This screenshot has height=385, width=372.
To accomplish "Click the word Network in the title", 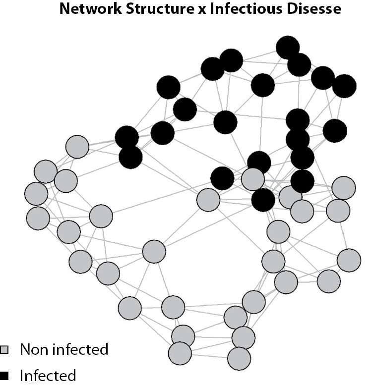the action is pyautogui.click(x=90, y=9).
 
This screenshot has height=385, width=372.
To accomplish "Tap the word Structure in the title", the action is pyautogui.click(x=160, y=9).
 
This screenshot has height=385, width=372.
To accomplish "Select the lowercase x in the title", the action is pyautogui.click(x=202, y=10).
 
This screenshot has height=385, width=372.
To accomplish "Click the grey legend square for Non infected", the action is pyautogui.click(x=3, y=350).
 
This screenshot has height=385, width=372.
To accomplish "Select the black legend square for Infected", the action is pyautogui.click(x=3, y=376).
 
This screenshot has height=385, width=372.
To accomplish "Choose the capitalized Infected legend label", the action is pyautogui.click(x=48, y=375).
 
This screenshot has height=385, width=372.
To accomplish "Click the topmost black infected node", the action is pyautogui.click(x=288, y=48).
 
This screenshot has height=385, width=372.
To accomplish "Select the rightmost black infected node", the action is pyautogui.click(x=344, y=86).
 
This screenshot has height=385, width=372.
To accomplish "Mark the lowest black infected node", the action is pyautogui.click(x=263, y=200).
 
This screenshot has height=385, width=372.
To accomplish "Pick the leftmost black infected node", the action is pyautogui.click(x=127, y=138).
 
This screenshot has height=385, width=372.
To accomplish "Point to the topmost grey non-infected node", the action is pyautogui.click(x=77, y=147).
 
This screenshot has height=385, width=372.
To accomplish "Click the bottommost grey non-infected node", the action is pyautogui.click(x=239, y=358).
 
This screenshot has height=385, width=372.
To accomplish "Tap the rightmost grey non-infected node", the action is pyautogui.click(x=349, y=260).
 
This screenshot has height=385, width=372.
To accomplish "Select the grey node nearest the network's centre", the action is pyautogui.click(x=208, y=200).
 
